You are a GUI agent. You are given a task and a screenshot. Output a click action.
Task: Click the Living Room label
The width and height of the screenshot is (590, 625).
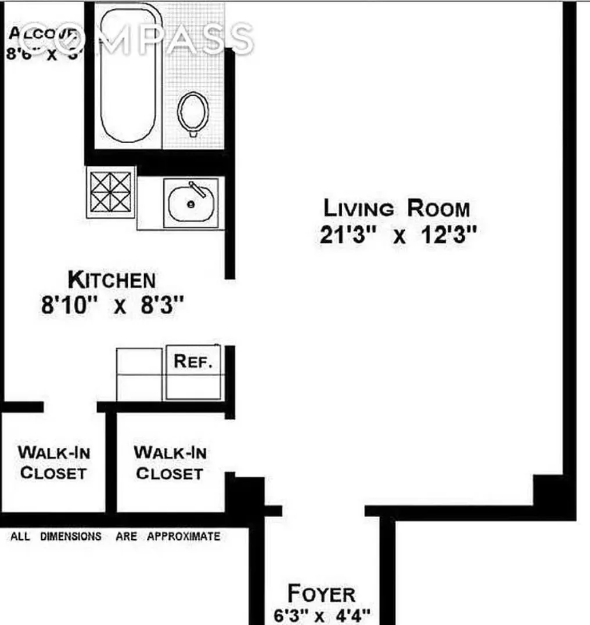pos(396,208)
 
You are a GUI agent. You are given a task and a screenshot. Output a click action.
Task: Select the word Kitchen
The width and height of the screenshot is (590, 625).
pos(111,281)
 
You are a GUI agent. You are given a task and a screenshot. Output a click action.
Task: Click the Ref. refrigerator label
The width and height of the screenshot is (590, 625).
pos(193,362)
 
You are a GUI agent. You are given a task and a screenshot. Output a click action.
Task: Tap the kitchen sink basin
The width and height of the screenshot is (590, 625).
pos(190,204)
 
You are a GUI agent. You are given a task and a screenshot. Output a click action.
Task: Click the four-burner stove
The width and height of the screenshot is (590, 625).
pos(111,192)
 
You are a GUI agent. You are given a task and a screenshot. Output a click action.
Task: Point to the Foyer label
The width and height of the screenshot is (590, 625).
pos(321,594)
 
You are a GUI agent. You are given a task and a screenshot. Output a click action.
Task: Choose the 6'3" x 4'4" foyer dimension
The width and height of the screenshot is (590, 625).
pos(321,614)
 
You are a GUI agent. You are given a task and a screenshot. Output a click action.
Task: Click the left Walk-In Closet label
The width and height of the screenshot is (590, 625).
pos(53,462)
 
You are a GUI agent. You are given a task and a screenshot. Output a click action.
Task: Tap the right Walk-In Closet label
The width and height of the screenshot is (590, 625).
pos(170,462)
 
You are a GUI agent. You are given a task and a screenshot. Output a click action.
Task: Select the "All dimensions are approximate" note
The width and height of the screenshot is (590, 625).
pos(116,536)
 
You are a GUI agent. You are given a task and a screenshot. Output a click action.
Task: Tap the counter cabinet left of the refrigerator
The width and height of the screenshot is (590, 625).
pos(139,374)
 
